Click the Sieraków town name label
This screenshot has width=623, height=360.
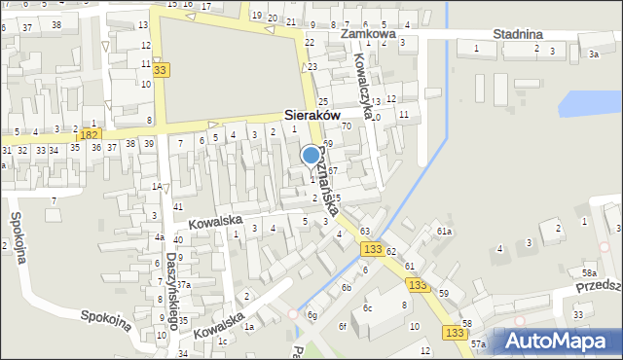pos(311,114)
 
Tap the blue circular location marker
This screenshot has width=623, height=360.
pos(311,155)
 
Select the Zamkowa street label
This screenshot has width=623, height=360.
pos(368,33)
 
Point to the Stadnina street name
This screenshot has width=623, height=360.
pos(517,33)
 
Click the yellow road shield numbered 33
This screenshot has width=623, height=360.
pos(160,69)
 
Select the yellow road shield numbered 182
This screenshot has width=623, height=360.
pos(91,133)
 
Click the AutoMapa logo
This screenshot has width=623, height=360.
pos(558,341)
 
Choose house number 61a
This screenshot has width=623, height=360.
pos(445,231)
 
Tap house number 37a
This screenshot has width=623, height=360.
pos(183,285)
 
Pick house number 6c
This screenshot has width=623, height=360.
pos(368,308)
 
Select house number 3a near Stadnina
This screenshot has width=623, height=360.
pos(593,54)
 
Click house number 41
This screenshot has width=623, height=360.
pos(177,207)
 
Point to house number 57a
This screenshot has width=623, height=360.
pos(478,344)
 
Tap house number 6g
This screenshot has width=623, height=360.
pos(312,315)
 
